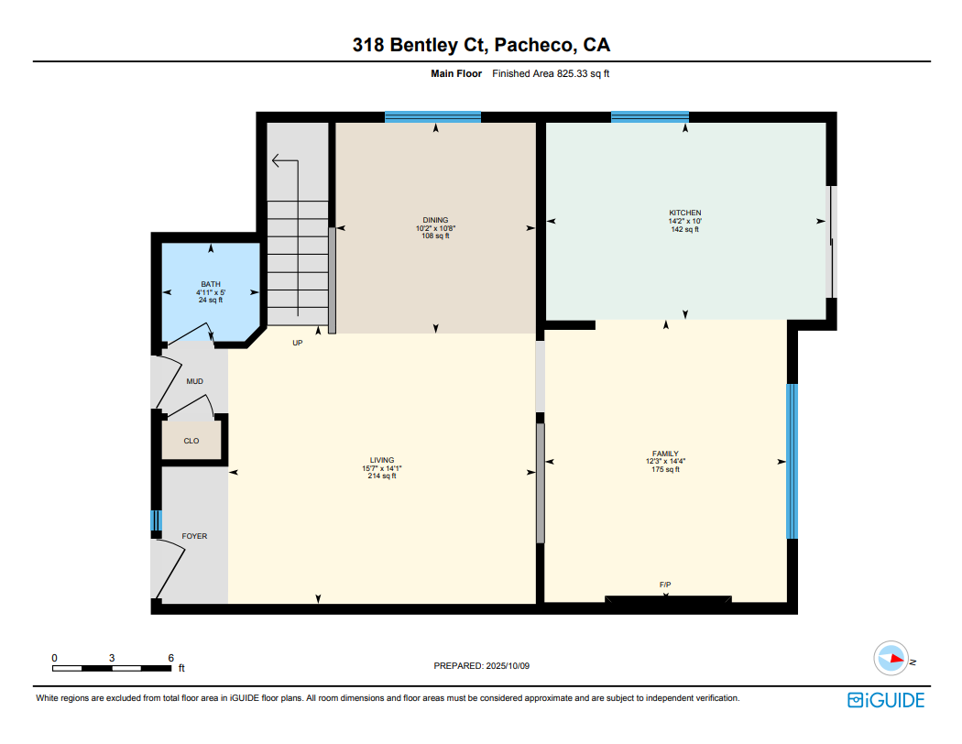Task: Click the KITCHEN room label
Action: tap(684, 213)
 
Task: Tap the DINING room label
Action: tap(435, 220)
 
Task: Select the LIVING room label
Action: tap(382, 460)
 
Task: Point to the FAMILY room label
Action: tap(665, 454)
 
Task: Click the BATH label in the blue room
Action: tap(211, 285)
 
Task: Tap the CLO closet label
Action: tap(191, 441)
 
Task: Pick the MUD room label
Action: tap(194, 381)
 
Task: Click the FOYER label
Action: tap(194, 536)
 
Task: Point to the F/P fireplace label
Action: tap(665, 585)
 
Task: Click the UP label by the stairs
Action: tap(298, 343)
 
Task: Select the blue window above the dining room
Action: tap(433, 117)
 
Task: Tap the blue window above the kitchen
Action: tap(650, 117)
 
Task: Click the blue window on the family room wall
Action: tap(793, 461)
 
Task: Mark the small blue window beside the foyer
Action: tap(156, 520)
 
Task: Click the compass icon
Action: tap(891, 659)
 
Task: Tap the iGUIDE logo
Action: tap(886, 700)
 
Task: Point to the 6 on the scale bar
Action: tap(171, 658)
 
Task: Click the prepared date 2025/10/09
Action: tap(508, 665)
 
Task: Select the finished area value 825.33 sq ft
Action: tap(583, 73)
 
